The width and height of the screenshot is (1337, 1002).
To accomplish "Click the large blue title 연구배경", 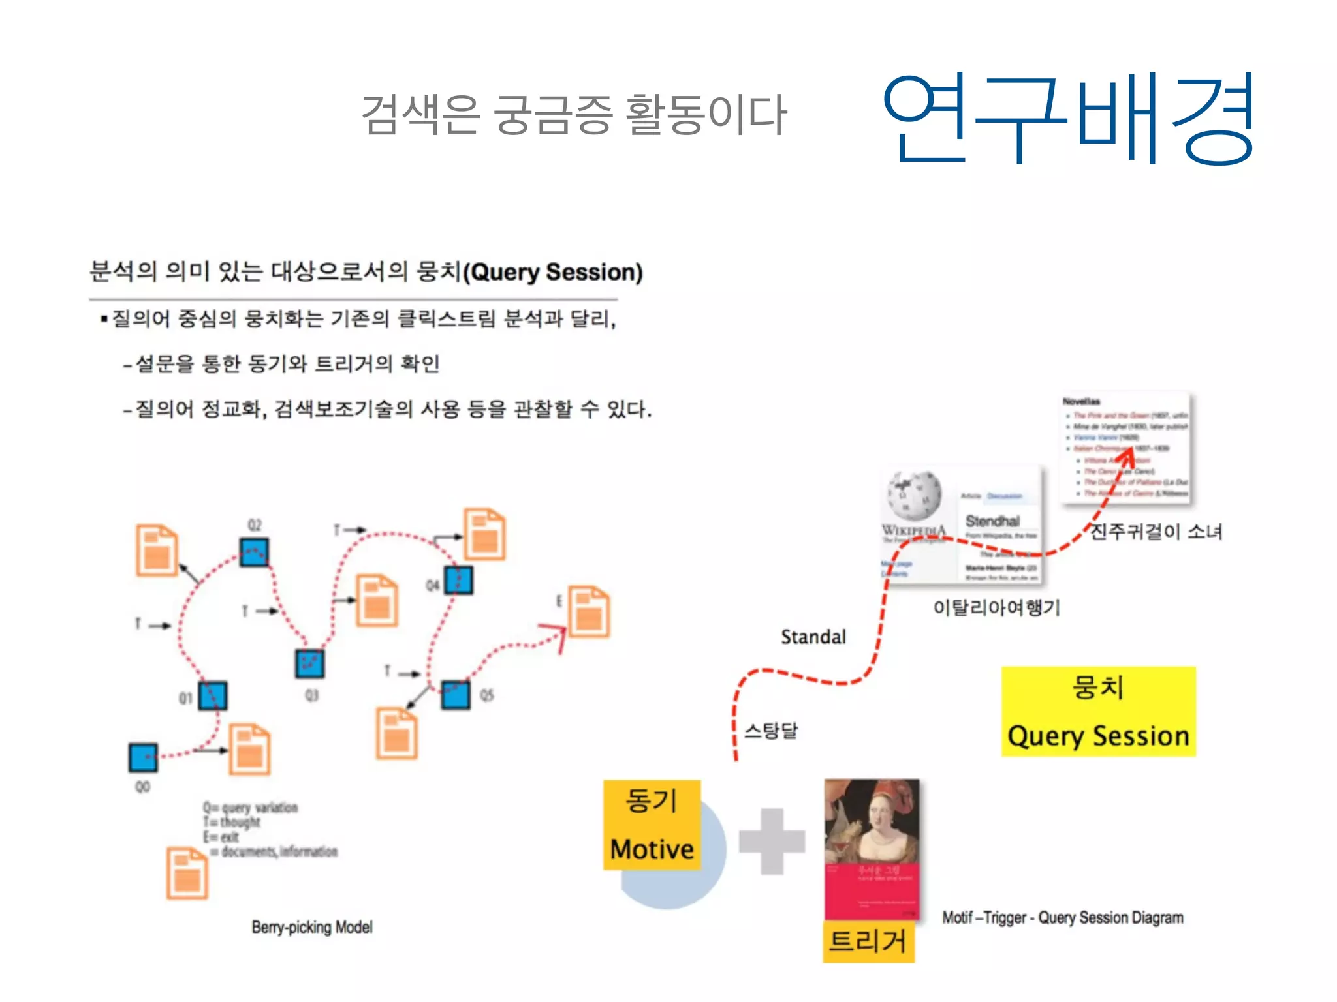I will point(1067,119).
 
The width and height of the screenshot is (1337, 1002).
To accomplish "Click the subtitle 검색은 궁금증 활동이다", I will point(574,115).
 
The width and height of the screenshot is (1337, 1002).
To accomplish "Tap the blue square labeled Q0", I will point(143,757).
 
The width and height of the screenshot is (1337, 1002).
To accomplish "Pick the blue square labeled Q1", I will point(213,695).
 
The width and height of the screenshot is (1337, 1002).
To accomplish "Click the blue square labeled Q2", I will point(254,553).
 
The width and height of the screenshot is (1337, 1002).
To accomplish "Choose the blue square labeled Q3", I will point(309,663).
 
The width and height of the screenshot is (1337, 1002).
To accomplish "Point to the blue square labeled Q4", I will point(458,580).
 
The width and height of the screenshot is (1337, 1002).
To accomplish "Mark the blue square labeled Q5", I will point(455,695).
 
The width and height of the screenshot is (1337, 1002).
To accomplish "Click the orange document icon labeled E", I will point(589,611).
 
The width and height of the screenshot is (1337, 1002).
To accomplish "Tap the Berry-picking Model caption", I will point(312,927).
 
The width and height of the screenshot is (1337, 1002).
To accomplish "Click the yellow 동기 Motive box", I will point(652,825).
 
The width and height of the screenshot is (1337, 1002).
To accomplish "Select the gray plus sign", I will point(772,842).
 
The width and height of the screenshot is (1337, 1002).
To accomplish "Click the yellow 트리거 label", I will point(868,941).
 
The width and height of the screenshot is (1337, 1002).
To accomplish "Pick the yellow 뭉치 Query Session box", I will point(1098,712).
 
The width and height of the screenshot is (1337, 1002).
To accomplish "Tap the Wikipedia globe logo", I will point(914,496).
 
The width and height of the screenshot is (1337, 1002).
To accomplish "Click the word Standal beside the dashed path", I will point(813,637).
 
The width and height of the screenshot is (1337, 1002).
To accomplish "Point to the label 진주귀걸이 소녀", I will point(1156,532).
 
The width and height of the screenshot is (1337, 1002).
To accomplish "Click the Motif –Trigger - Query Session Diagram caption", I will point(1062,918).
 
